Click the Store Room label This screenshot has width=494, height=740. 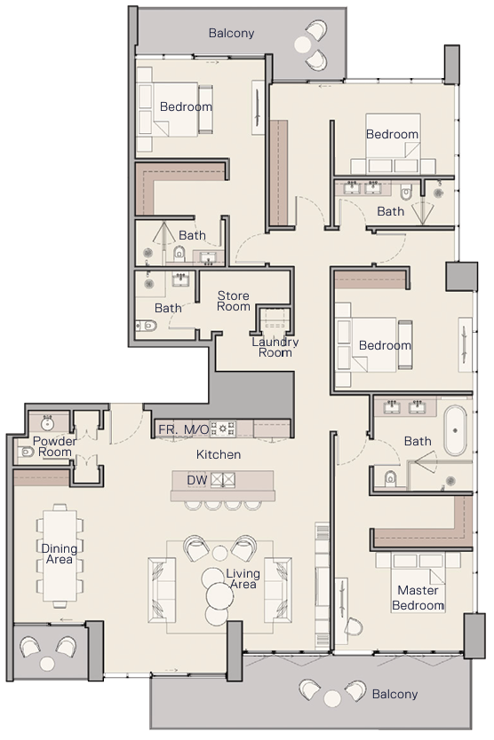click(233, 301)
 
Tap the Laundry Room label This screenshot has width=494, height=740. click(275, 347)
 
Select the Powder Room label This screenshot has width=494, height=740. click(54, 446)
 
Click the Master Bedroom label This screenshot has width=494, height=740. click(418, 597)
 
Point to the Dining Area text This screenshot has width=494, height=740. click(60, 554)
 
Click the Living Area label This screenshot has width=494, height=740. click(243, 579)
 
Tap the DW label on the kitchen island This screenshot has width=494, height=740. click(197, 480)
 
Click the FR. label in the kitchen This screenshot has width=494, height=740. click(168, 429)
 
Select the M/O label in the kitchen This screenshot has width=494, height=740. click(196, 429)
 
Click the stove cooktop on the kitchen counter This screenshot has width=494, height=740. click(223, 429)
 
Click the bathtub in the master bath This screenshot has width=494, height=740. click(455, 430)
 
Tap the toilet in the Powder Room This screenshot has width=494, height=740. click(25, 452)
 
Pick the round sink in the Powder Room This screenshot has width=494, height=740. click(47, 423)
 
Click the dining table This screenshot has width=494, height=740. click(60, 555)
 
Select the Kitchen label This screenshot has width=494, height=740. click(219, 454)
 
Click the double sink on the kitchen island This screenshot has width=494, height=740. click(223, 480)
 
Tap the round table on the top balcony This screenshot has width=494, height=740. click(303, 44)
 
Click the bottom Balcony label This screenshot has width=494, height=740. click(394, 694)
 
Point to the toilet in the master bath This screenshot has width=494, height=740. click(390, 478)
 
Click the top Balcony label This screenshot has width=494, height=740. click(231, 33)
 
